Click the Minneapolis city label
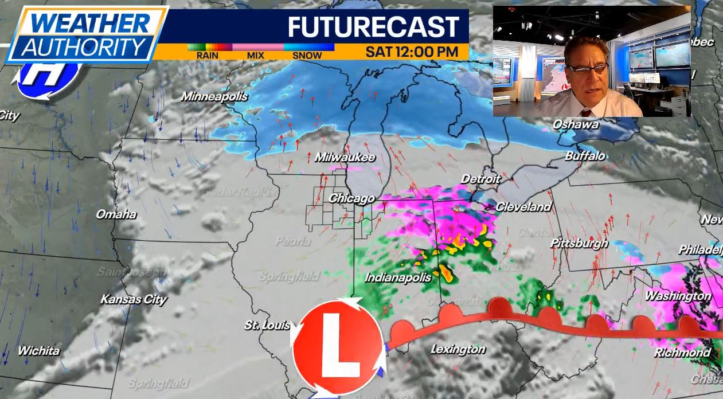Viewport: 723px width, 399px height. click(x=214, y=96)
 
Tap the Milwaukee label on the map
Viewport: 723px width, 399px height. click(x=345, y=157)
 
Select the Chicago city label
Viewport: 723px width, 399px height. click(x=351, y=198)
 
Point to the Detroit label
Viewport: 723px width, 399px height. click(x=481, y=179)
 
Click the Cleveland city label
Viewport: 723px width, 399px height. click(x=523, y=207)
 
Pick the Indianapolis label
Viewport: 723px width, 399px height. click(x=398, y=277)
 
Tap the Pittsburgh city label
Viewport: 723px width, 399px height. click(x=579, y=243)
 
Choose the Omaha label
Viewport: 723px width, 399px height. click(x=116, y=214)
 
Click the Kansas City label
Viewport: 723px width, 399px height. click(x=134, y=299)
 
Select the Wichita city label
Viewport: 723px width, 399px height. click(x=38, y=350)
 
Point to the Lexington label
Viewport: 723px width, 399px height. click(x=458, y=349)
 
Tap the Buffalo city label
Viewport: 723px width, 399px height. click(x=585, y=156)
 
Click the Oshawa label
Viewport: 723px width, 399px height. click(x=576, y=124)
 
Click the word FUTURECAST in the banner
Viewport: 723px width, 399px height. click(x=373, y=27)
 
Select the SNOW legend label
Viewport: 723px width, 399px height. click(x=307, y=56)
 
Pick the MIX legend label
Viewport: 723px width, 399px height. click(x=255, y=56)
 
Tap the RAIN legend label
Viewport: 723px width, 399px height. click(x=207, y=56)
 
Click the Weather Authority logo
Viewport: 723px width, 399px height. click(x=86, y=34)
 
